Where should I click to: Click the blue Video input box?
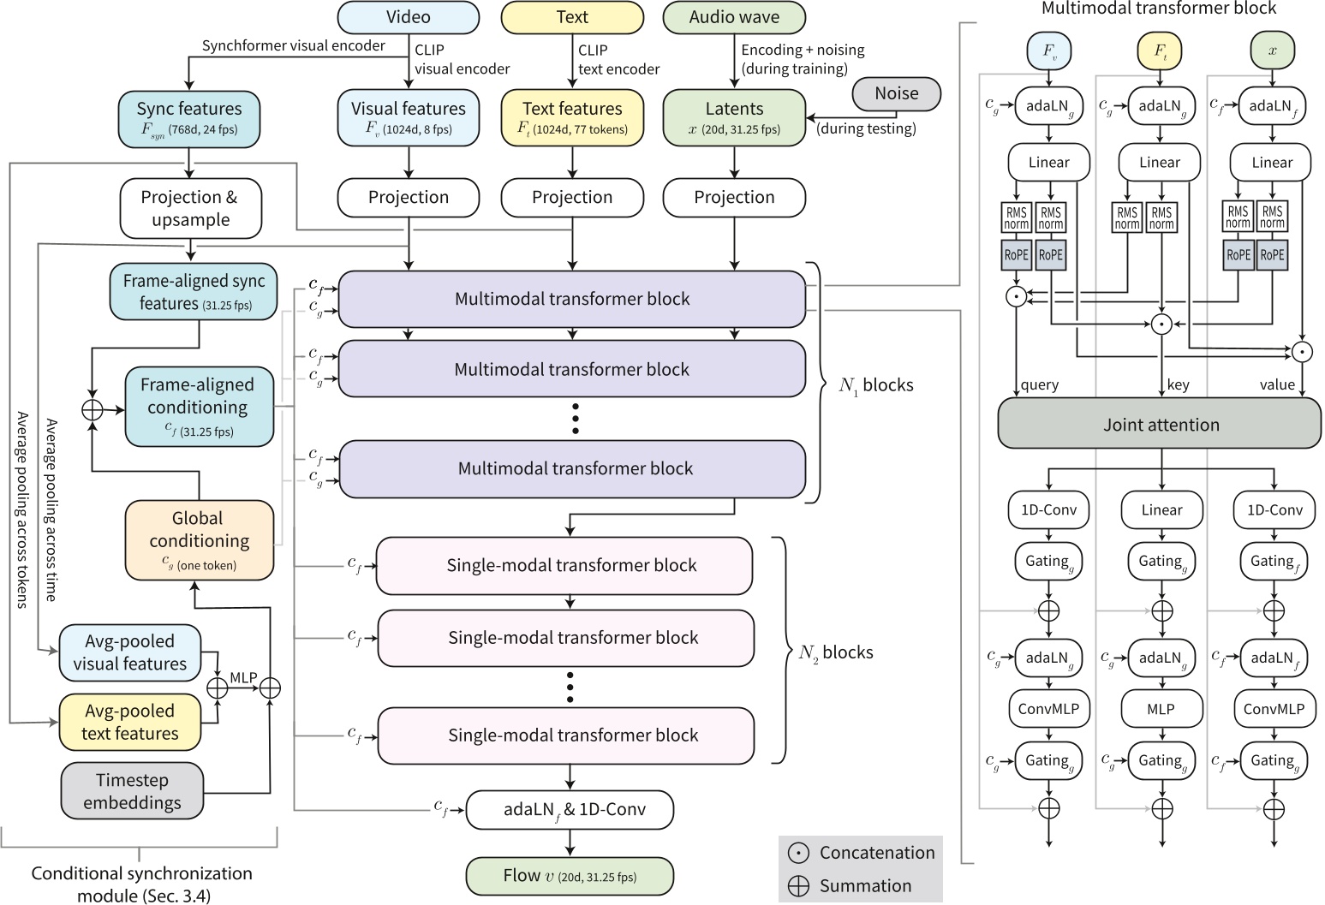click(408, 17)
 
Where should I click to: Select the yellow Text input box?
click(571, 17)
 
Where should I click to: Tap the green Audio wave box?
click(734, 17)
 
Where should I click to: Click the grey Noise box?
click(896, 93)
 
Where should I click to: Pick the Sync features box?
click(188, 118)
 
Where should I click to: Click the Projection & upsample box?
click(190, 208)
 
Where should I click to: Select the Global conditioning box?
click(199, 539)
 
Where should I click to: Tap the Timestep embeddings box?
click(132, 791)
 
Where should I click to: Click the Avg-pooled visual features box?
click(129, 652)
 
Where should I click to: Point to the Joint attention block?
click(1160, 425)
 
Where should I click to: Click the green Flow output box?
click(570, 876)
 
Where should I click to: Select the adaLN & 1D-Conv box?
click(570, 810)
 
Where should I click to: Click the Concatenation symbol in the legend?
click(798, 853)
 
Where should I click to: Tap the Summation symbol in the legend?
click(798, 886)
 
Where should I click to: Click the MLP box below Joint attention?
click(1161, 709)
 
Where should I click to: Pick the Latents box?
click(734, 118)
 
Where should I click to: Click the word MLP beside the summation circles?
click(243, 677)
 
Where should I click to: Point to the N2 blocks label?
click(835, 652)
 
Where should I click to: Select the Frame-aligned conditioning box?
click(199, 407)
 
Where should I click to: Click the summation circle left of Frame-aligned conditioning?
click(93, 409)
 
